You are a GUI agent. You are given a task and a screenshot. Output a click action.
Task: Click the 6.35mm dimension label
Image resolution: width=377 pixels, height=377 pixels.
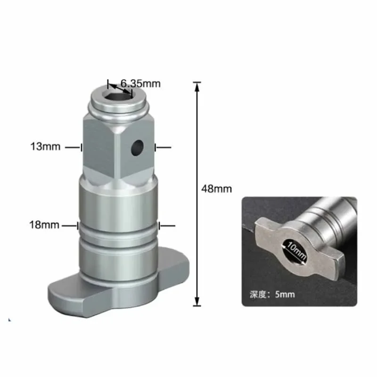[140, 83]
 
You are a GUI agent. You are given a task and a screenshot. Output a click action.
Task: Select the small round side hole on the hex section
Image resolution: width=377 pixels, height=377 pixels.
[137, 147]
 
